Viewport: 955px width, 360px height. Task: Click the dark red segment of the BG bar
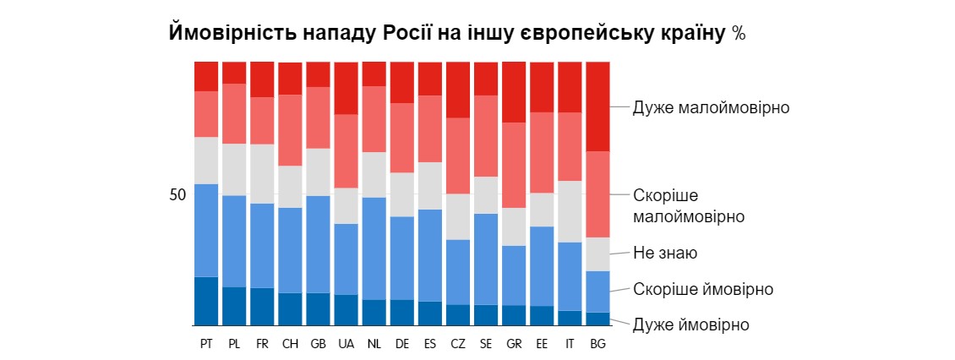click(598, 106)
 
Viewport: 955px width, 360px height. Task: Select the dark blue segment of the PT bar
click(206, 301)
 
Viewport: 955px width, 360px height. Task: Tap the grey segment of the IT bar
click(570, 211)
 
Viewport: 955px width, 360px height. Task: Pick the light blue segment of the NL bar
click(374, 248)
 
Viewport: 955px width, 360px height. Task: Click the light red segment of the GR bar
click(514, 165)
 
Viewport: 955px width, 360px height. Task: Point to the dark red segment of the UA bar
click(346, 88)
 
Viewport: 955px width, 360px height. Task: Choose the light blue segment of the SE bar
click(486, 259)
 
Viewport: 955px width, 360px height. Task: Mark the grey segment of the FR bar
click(262, 174)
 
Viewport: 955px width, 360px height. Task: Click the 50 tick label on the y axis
click(177, 195)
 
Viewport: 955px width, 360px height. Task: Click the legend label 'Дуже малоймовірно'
click(711, 108)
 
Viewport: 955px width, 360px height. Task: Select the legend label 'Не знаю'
click(665, 253)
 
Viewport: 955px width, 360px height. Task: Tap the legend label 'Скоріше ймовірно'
click(703, 289)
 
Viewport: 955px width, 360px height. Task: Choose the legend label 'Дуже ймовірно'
click(691, 325)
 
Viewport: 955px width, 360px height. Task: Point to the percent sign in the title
click(738, 34)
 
